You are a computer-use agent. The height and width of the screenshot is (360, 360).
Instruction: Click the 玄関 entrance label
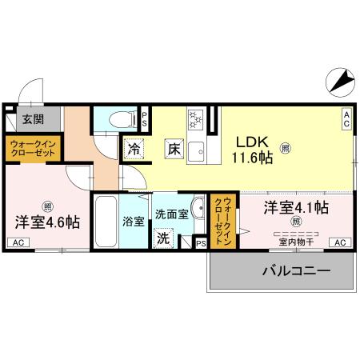point(33,120)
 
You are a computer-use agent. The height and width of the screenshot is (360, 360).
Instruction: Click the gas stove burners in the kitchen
point(194,120)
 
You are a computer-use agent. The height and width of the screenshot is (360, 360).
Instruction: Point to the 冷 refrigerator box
point(134,148)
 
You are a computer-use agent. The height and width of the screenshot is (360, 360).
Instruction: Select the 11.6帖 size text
point(253,157)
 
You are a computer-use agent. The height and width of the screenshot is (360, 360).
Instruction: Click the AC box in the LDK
point(347,118)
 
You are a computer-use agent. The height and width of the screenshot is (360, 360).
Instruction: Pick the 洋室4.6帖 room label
point(46,222)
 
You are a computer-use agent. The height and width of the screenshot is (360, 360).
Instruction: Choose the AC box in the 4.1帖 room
point(339,242)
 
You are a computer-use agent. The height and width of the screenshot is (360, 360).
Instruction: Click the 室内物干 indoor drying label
point(294,242)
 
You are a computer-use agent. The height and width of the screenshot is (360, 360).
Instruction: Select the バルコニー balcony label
point(296,272)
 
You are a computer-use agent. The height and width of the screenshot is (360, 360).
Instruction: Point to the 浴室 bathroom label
point(133,222)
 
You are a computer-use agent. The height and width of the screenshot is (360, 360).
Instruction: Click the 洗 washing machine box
point(163,238)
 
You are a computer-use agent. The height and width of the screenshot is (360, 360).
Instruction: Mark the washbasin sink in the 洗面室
point(198,204)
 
